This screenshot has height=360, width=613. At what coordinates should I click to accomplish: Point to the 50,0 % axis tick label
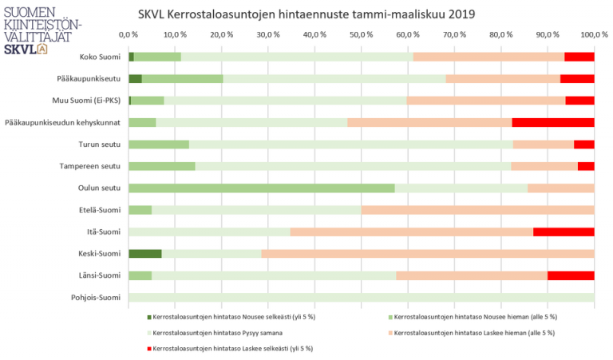pos(362,35)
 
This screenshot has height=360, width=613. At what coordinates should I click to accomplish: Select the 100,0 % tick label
pos(594,35)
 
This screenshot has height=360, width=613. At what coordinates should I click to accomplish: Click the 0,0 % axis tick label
pos(129,35)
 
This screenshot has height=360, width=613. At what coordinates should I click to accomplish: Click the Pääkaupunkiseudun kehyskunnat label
pos(63,123)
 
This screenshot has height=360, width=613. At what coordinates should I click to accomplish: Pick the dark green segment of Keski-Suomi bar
pos(144,254)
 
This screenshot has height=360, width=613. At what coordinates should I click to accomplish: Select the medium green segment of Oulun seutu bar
pos(261,188)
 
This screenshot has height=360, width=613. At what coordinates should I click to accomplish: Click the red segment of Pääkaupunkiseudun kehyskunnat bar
pos(553,123)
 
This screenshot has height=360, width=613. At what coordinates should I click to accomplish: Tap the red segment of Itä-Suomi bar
pos(564,232)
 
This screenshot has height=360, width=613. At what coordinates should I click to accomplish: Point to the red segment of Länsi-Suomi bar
pos(571,276)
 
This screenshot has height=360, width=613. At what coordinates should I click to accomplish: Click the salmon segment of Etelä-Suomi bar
pos(477,210)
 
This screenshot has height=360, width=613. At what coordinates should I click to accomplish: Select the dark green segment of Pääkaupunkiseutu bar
pos(135,79)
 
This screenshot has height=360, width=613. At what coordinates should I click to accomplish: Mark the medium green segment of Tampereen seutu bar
pos(161,166)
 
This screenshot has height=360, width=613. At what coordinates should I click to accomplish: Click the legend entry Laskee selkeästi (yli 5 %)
pos(232,349)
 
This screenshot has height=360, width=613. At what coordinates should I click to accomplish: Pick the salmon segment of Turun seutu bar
pos(543,144)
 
